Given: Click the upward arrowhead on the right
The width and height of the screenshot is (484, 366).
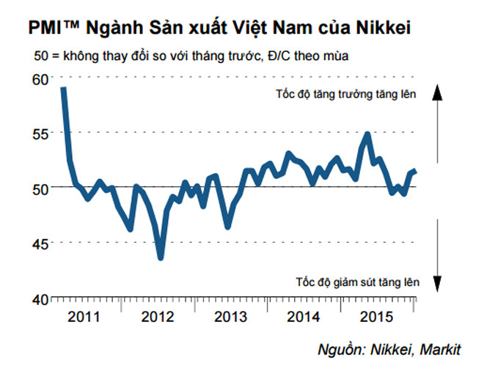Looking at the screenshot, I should point(436,92).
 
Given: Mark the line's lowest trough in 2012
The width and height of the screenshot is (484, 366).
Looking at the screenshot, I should point(161,257).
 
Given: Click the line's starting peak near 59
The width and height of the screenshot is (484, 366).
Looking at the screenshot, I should point(64,89).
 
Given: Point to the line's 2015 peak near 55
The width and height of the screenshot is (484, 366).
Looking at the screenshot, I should point(367,134).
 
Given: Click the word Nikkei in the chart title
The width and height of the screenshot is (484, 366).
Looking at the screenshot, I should point(375,28).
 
